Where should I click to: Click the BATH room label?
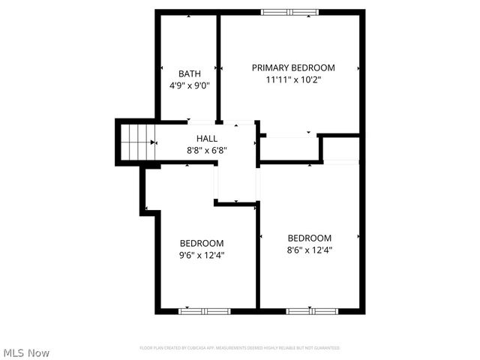(x=189, y=73)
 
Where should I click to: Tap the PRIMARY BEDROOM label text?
(x=293, y=67)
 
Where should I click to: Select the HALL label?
(x=207, y=139)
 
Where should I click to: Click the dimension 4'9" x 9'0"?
(x=189, y=85)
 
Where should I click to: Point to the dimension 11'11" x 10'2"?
(x=293, y=79)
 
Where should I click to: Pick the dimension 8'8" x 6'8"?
(x=207, y=150)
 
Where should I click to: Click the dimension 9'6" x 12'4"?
(x=202, y=255)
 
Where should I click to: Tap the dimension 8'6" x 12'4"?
(x=310, y=250)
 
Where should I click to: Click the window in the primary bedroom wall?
(x=288, y=12)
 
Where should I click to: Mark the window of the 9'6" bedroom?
(x=204, y=310)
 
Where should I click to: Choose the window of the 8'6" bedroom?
(x=312, y=310)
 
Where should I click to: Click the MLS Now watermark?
(x=26, y=352)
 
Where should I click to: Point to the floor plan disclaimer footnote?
(x=240, y=348)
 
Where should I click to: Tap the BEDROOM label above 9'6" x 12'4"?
(x=202, y=243)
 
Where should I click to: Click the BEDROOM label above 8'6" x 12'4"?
(x=310, y=238)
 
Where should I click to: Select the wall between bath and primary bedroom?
(x=218, y=67)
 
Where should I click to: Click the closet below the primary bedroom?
(x=289, y=148)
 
